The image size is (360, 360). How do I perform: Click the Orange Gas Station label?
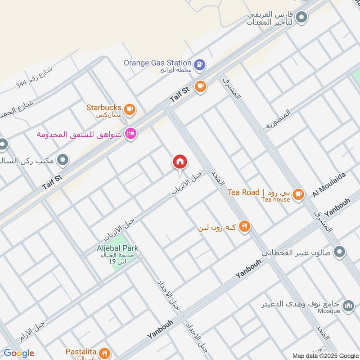(x=158, y=63)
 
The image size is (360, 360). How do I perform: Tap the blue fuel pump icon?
(x=200, y=64)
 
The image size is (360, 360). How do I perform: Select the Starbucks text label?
(x=104, y=108)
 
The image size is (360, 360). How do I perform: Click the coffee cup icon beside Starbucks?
(x=130, y=108)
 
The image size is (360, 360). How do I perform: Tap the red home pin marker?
(x=180, y=162)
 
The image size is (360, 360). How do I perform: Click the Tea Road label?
(x=243, y=192)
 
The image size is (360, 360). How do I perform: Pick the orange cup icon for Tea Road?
(x=297, y=194)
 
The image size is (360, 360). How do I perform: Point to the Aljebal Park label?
(x=117, y=248)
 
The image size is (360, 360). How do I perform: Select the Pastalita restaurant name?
(x=81, y=351)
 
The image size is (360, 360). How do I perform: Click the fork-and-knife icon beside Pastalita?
(x=104, y=352)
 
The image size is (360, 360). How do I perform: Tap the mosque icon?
(x=348, y=306)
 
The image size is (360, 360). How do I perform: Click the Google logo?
(x=19, y=353)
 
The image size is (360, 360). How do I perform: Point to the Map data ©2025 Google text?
(x=325, y=355)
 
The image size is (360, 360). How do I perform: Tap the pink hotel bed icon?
(x=130, y=134)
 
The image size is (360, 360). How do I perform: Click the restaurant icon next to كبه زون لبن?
(x=244, y=227)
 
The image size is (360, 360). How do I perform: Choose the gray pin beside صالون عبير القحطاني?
(x=341, y=252)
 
